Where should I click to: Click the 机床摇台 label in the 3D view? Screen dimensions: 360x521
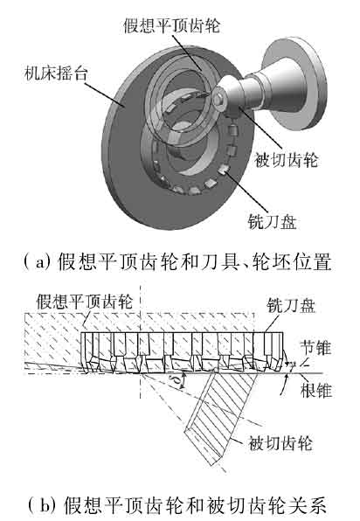click(56, 73)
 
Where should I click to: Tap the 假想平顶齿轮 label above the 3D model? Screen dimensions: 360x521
click(171, 25)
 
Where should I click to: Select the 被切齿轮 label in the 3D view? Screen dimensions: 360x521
click(287, 160)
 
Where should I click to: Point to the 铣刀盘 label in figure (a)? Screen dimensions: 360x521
click(273, 221)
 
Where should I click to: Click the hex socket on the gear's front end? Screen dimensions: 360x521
click(218, 99)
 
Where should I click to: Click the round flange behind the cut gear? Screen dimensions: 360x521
click(294, 83)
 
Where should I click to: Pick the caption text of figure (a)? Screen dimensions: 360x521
click(177, 262)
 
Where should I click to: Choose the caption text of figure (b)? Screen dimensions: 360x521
click(177, 504)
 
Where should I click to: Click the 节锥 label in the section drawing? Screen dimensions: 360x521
click(315, 348)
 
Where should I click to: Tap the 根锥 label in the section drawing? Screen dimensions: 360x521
click(316, 390)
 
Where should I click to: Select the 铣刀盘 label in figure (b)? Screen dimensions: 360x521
click(291, 305)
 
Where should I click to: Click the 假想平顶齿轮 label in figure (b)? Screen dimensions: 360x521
click(85, 302)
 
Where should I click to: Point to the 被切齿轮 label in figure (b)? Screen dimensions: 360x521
click(280, 443)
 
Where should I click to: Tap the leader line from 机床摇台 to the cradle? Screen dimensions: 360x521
click(105, 95)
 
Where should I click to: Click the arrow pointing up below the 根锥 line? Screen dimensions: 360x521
click(285, 384)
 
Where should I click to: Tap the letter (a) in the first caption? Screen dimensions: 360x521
click(38, 262)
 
